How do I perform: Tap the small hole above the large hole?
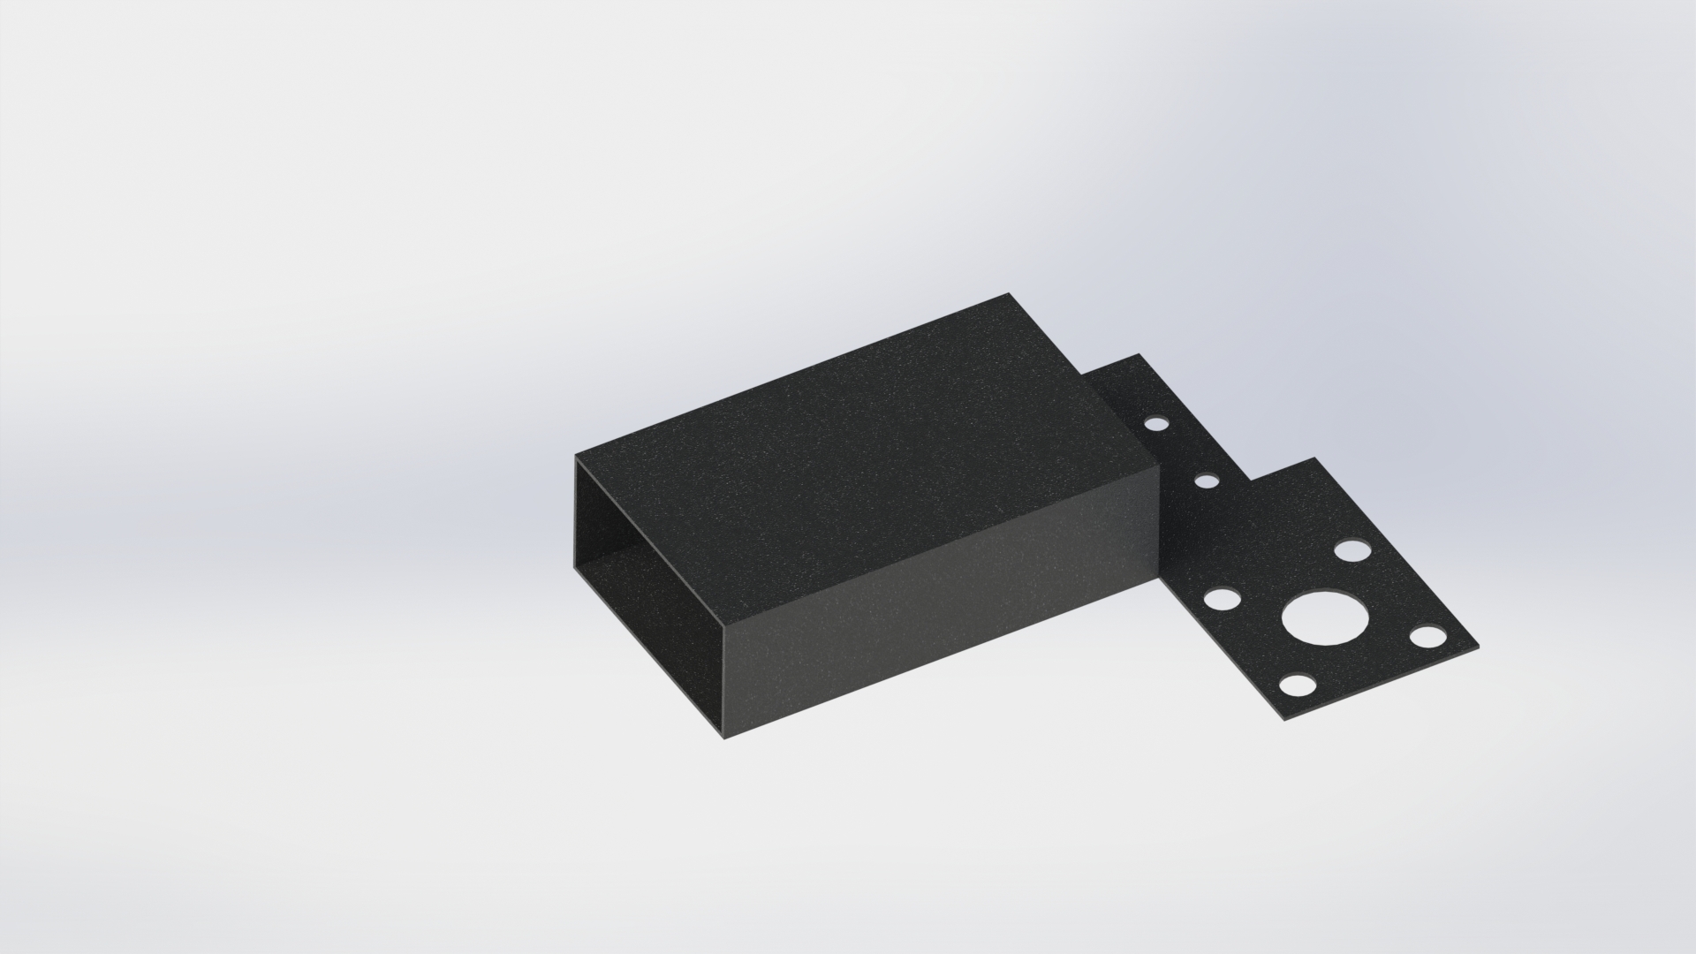point(1351,550)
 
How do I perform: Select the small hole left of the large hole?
point(1222,600)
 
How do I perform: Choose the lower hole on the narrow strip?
point(1206,481)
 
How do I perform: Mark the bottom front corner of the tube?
point(725,738)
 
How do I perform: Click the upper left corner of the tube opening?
point(577,458)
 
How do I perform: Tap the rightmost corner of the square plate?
point(1478,646)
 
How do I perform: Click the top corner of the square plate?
point(1315,458)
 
